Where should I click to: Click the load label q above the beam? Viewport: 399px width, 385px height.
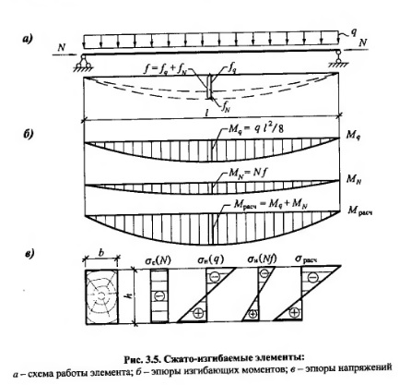tap(354, 33)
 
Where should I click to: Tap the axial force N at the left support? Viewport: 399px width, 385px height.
tap(62, 47)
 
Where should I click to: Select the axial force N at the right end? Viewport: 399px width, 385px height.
tap(363, 42)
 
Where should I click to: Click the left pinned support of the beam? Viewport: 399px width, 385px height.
tap(82, 63)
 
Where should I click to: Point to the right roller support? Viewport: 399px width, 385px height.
tap(338, 60)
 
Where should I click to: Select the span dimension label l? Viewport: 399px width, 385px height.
tap(207, 113)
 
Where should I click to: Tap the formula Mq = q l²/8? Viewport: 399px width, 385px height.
tap(253, 128)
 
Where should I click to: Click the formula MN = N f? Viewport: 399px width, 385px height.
tap(247, 174)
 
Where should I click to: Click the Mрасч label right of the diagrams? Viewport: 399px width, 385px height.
tap(360, 211)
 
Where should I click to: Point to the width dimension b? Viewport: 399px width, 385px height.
tap(101, 253)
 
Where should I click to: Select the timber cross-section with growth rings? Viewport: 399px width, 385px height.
tap(101, 296)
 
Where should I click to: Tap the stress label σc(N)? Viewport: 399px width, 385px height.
tap(158, 260)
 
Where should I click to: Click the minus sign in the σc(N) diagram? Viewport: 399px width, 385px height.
tap(159, 296)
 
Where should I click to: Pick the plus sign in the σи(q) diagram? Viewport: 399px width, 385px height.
tap(198, 313)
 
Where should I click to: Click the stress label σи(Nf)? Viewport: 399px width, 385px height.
tap(262, 259)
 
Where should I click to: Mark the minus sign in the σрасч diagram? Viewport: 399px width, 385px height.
tap(312, 277)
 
